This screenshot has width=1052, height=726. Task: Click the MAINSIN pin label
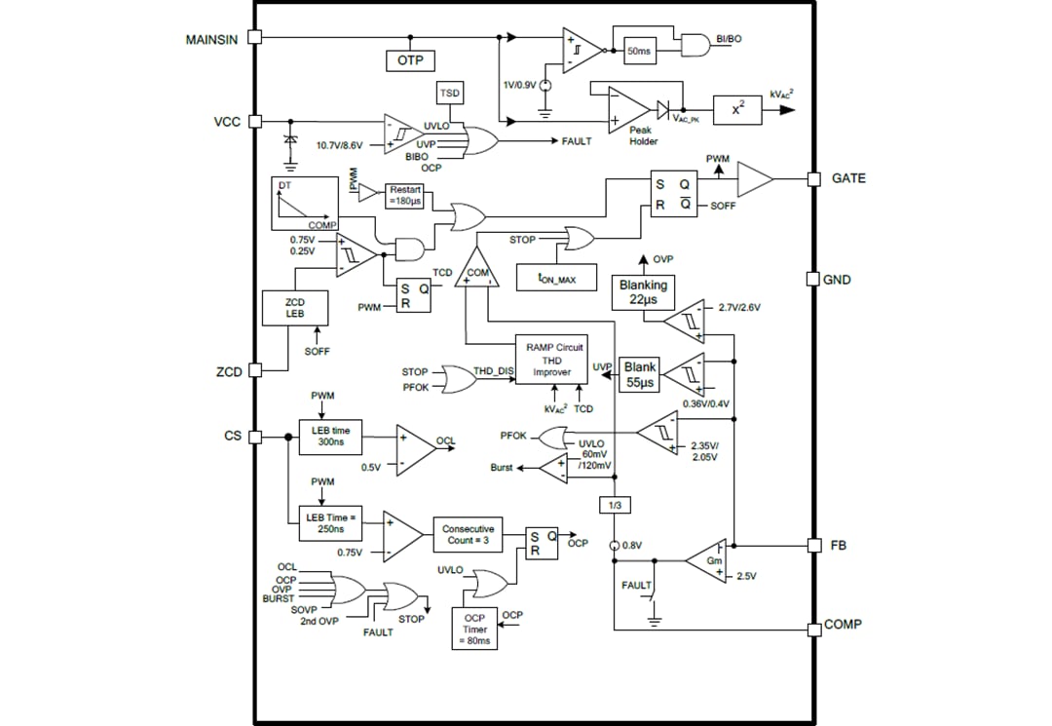pyautogui.click(x=212, y=39)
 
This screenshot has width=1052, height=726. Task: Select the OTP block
pyautogui.click(x=410, y=60)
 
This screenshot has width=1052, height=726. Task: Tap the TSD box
pyautogui.click(x=449, y=93)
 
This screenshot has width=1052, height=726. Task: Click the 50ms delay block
pyautogui.click(x=639, y=51)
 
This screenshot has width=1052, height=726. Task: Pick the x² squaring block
pyautogui.click(x=737, y=109)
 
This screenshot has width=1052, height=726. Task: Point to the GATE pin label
pyautogui.click(x=847, y=179)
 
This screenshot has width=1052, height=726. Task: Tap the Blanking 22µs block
pyautogui.click(x=644, y=292)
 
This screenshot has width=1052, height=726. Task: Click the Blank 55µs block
pyautogui.click(x=640, y=375)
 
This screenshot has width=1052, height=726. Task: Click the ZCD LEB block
pyautogui.click(x=295, y=309)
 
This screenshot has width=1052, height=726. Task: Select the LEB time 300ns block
pyautogui.click(x=330, y=436)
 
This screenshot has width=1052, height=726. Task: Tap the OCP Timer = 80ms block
pyautogui.click(x=473, y=630)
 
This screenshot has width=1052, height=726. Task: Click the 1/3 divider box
pyautogui.click(x=615, y=506)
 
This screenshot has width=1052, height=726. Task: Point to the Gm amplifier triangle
pyautogui.click(x=706, y=560)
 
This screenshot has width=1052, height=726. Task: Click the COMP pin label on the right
pyautogui.click(x=843, y=625)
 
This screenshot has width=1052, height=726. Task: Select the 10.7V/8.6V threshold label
pyautogui.click(x=339, y=145)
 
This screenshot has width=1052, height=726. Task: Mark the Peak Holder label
pyautogui.click(x=643, y=134)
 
